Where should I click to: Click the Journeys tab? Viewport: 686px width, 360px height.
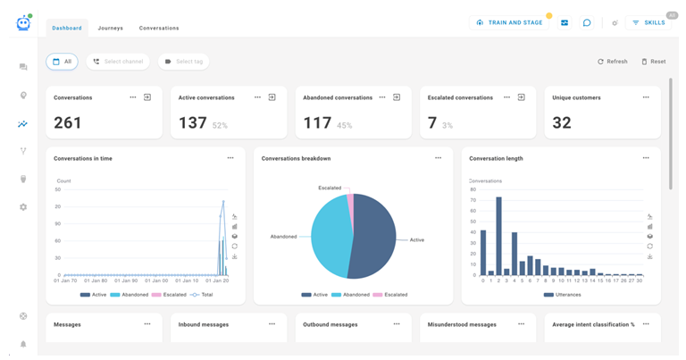[x=111, y=28]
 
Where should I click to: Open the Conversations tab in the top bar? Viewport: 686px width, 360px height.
[x=159, y=28]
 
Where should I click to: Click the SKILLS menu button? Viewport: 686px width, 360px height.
[x=648, y=22]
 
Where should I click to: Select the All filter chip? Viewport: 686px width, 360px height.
[x=62, y=62]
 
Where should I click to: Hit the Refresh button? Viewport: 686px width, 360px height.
[x=612, y=62]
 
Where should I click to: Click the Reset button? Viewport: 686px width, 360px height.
[x=653, y=62]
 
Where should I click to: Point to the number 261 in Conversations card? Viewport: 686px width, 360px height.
[x=68, y=123]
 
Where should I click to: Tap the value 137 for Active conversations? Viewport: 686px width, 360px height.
[x=193, y=123]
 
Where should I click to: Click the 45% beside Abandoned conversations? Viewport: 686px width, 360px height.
[x=344, y=126]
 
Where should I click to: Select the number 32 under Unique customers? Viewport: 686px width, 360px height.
[x=562, y=123]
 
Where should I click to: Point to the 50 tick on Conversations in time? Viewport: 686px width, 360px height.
[x=58, y=189]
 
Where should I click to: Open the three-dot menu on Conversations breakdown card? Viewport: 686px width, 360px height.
[x=438, y=158]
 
